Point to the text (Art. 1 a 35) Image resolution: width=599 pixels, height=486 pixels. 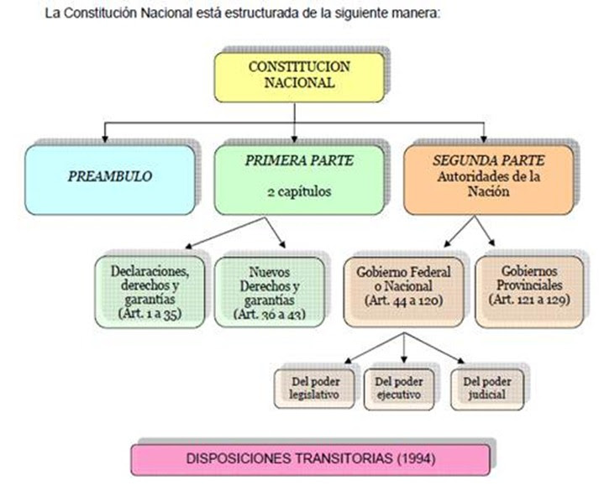pyautogui.click(x=151, y=316)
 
